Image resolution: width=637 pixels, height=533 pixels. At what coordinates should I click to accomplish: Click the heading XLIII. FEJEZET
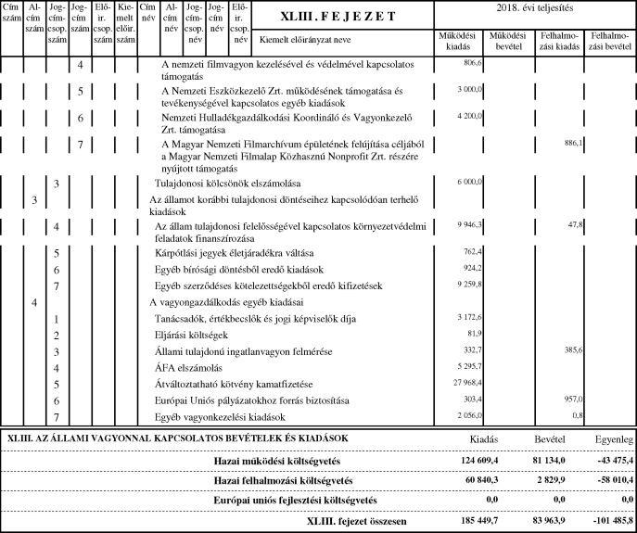point(342,18)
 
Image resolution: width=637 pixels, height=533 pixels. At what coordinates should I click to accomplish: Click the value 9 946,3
point(468,224)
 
